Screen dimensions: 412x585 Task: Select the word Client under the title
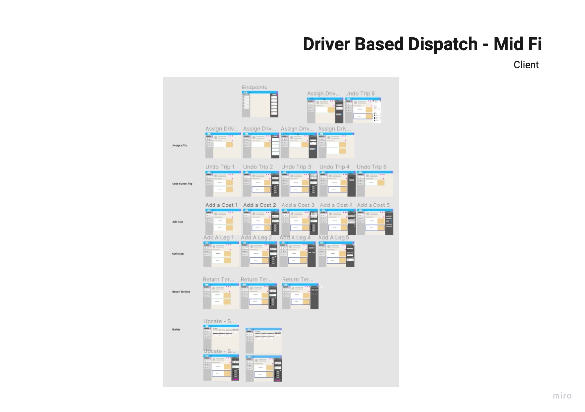[x=526, y=65]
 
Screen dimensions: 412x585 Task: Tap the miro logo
[x=562, y=396]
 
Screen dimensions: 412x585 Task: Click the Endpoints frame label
[x=255, y=88]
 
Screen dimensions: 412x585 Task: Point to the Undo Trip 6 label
[x=360, y=93]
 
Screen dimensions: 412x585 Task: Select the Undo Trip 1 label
[x=220, y=167]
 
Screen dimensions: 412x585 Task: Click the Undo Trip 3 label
[x=296, y=167]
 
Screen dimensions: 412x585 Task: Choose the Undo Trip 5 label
[x=372, y=167]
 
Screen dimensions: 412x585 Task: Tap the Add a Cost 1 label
[x=221, y=205]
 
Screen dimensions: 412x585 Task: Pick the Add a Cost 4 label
[x=336, y=205]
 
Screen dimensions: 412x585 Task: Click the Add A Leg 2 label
[x=257, y=237]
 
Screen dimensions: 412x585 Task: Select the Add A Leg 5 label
[x=334, y=237]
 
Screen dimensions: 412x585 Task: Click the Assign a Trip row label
[x=180, y=146]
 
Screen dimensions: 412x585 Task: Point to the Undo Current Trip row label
[x=182, y=184]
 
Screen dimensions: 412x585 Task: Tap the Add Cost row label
[x=177, y=222]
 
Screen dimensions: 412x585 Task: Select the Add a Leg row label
[x=177, y=254]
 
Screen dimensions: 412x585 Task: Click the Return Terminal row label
[x=181, y=292]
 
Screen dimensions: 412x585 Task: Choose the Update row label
[x=176, y=329]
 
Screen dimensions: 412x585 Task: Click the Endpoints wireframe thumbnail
[x=260, y=104]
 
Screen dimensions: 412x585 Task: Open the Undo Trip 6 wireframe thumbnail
[x=363, y=110]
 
